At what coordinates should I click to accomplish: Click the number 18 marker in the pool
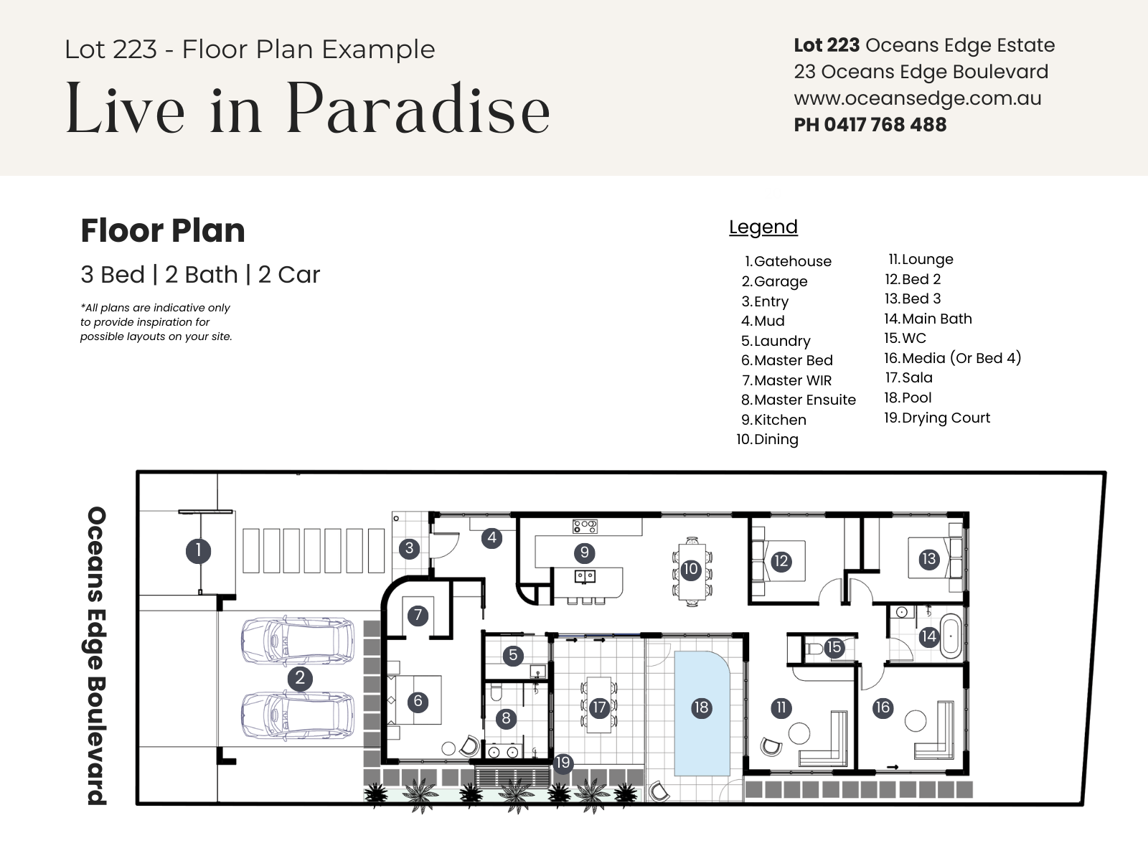coord(701,708)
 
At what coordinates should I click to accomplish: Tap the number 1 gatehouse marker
coord(198,550)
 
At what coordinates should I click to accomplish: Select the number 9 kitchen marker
coord(584,552)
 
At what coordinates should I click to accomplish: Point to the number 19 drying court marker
coord(563,763)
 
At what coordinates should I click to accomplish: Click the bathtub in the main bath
coord(951,636)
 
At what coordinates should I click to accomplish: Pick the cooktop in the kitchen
coord(585,526)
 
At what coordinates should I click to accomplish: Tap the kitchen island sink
coord(585,577)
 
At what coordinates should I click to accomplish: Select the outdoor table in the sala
coord(599,705)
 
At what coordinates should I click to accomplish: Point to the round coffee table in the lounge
coord(799,733)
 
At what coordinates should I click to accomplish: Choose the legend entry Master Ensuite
coord(799,400)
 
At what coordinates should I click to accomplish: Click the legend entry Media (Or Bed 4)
coord(952,358)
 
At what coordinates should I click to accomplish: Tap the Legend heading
coord(763,227)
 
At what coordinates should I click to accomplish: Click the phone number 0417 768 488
coord(885,125)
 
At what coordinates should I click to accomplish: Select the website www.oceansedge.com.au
coord(918,99)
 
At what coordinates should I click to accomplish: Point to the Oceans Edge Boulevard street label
coord(97,656)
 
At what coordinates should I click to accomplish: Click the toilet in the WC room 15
coord(815,650)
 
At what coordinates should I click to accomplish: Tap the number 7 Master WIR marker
coord(418,616)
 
